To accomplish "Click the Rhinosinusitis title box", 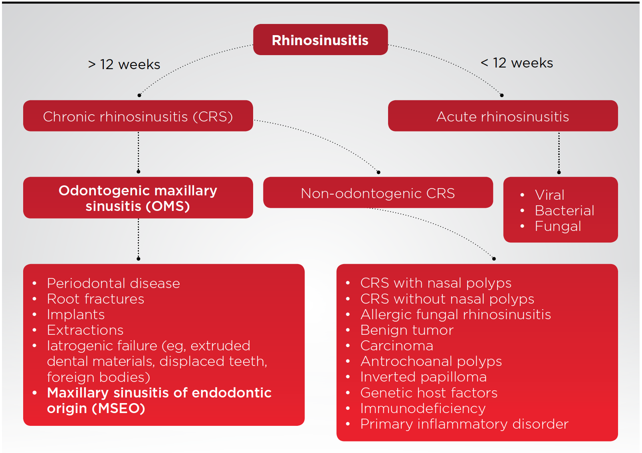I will [320, 40].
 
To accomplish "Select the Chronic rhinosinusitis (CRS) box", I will [138, 116].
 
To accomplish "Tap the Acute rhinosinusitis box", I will [502, 116].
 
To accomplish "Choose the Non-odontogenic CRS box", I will [378, 193].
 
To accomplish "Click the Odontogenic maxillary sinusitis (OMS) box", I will [138, 198].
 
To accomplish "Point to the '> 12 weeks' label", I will [124, 64].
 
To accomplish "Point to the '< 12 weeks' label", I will [517, 63].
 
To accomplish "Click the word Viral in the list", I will [549, 195].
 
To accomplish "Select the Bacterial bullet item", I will [564, 211].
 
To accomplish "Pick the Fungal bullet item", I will [558, 226].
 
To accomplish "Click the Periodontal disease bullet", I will [113, 283].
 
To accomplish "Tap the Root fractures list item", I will [95, 299].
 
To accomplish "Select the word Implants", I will [76, 314].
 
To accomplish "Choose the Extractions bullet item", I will [85, 330].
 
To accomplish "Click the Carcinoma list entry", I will [396, 346].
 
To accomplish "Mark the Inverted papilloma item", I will [423, 377].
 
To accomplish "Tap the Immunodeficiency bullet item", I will [423, 408].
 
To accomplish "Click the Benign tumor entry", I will [407, 330].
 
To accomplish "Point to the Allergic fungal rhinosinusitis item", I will [456, 314].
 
